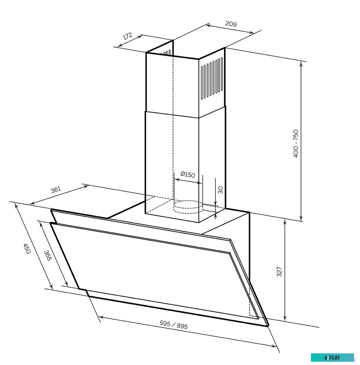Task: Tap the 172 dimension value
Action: tap(128, 36)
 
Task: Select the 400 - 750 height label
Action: tap(296, 144)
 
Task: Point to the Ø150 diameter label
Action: tap(188, 175)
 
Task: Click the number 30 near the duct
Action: tap(220, 190)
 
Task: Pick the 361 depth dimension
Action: tap(56, 190)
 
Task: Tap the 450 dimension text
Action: tap(27, 248)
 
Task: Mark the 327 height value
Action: tap(279, 271)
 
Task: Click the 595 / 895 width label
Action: tap(174, 325)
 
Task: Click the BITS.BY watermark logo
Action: tap(332, 358)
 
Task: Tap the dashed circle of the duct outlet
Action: tap(188, 206)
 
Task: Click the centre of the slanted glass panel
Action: tap(152, 262)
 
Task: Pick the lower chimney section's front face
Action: tap(172, 166)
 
